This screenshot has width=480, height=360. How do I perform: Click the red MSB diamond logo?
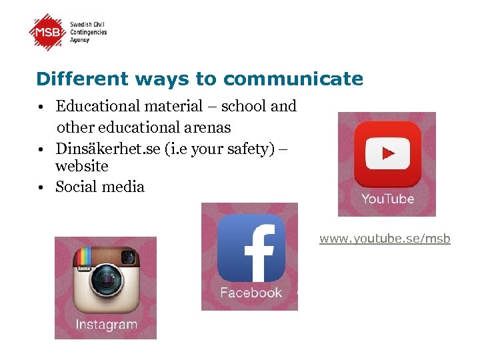(48, 32)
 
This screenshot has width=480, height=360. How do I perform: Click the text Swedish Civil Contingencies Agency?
(89, 32)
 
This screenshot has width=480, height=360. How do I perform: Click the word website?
(81, 165)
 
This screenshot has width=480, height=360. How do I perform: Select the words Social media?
(100, 187)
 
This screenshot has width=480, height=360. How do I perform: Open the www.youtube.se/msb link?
(385, 239)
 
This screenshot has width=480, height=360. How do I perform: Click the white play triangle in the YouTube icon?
(388, 154)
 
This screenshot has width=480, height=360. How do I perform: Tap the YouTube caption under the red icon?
(387, 199)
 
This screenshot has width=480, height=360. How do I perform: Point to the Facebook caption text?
(251, 293)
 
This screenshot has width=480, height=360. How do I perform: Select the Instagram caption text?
(106, 325)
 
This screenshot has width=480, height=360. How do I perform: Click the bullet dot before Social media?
(41, 187)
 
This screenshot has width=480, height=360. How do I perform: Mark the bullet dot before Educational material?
(41, 107)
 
